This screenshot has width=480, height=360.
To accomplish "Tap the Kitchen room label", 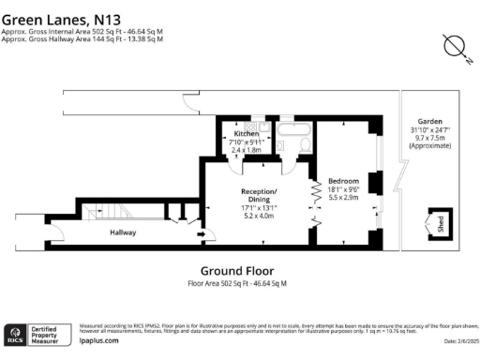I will [x=246, y=134].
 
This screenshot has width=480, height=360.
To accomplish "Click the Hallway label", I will [x=123, y=232].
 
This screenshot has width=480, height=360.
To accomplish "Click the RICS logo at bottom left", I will [x=17, y=333].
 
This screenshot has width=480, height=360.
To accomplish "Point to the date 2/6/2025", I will [x=454, y=340].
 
